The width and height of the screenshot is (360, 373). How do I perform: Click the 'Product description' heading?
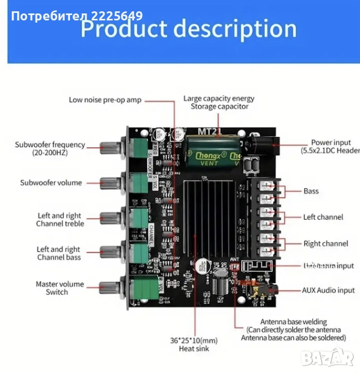188,28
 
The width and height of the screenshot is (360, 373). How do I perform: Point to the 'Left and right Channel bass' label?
59,253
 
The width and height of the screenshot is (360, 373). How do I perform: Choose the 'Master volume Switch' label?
59,288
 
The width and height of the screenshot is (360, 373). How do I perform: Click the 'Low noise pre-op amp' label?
105,99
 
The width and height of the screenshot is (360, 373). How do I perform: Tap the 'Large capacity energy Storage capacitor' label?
218,102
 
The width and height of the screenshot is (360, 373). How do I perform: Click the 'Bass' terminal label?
311,191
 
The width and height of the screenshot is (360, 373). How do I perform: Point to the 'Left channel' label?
323,217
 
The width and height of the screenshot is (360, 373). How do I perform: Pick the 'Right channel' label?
326,243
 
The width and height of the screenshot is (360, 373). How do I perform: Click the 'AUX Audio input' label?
328,290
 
